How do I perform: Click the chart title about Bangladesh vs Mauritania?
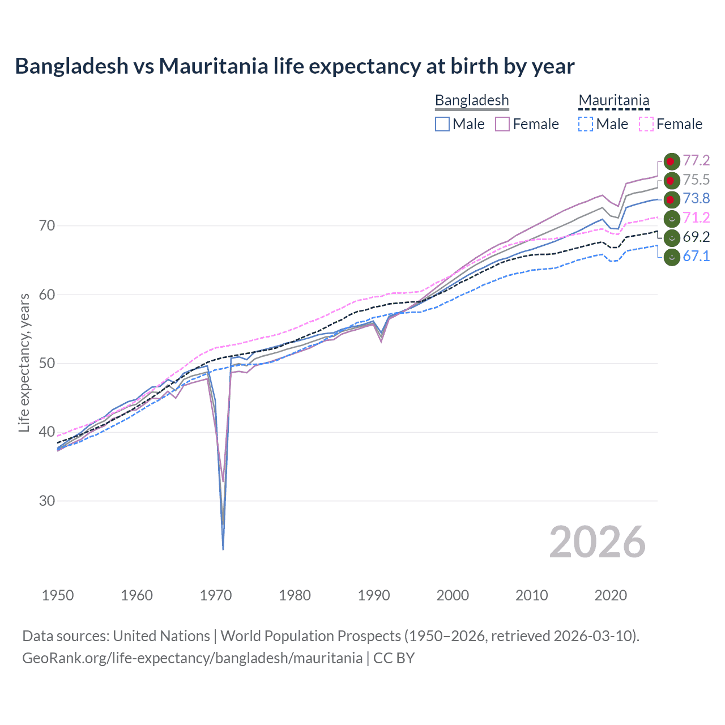tap(295, 66)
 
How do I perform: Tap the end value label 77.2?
tap(696, 161)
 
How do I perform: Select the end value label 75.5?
tap(696, 180)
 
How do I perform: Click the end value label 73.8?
tap(696, 199)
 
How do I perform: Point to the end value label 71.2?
tap(696, 218)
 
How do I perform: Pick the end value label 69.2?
tap(696, 237)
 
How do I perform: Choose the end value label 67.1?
tap(696, 257)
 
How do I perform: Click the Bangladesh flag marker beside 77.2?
tap(671, 161)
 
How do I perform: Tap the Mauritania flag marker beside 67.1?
tap(671, 257)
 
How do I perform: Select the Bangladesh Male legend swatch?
tap(442, 124)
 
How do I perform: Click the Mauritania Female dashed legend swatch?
tap(646, 124)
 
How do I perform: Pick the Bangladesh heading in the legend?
tap(472, 100)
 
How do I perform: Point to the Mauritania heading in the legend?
tap(613, 100)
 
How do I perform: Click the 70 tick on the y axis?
tap(47, 226)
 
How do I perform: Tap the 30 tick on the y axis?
tap(47, 501)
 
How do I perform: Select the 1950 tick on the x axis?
tap(58, 595)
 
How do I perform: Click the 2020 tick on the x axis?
tap(611, 595)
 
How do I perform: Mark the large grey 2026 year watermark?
tap(597, 543)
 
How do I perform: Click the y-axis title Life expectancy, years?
tap(24, 362)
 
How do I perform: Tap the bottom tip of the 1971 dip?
tap(223, 549)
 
